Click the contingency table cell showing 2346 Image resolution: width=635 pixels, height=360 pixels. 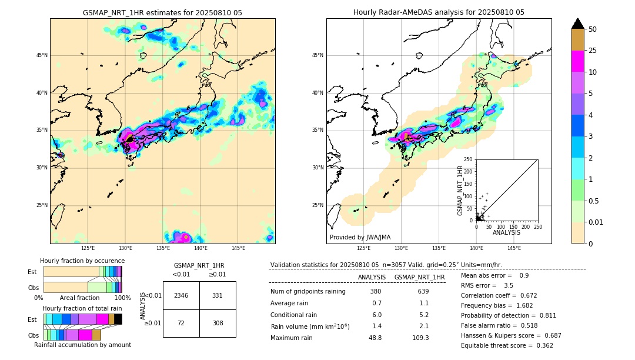(181, 295)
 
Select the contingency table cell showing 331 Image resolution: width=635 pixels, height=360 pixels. (218, 295)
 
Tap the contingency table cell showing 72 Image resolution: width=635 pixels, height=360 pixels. (181, 323)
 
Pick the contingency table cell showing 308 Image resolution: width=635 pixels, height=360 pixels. (218, 323)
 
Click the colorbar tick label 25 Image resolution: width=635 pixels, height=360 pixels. (593, 51)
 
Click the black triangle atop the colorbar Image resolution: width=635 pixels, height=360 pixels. (578, 24)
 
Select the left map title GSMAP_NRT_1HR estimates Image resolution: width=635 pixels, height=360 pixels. (162, 12)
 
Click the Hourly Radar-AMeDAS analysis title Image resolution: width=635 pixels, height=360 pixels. (439, 12)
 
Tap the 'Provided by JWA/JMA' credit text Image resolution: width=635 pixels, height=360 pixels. (360, 237)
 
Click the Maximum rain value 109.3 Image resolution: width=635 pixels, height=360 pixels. (420, 338)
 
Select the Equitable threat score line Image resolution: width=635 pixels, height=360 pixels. (507, 345)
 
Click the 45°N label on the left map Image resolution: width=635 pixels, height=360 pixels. (42, 55)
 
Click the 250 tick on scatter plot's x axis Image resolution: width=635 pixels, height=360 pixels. (537, 226)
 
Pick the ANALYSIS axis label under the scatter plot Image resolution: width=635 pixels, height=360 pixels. (506, 233)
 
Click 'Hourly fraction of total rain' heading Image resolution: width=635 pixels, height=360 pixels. (82, 309)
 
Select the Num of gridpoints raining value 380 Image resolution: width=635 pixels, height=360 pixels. (376, 292)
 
